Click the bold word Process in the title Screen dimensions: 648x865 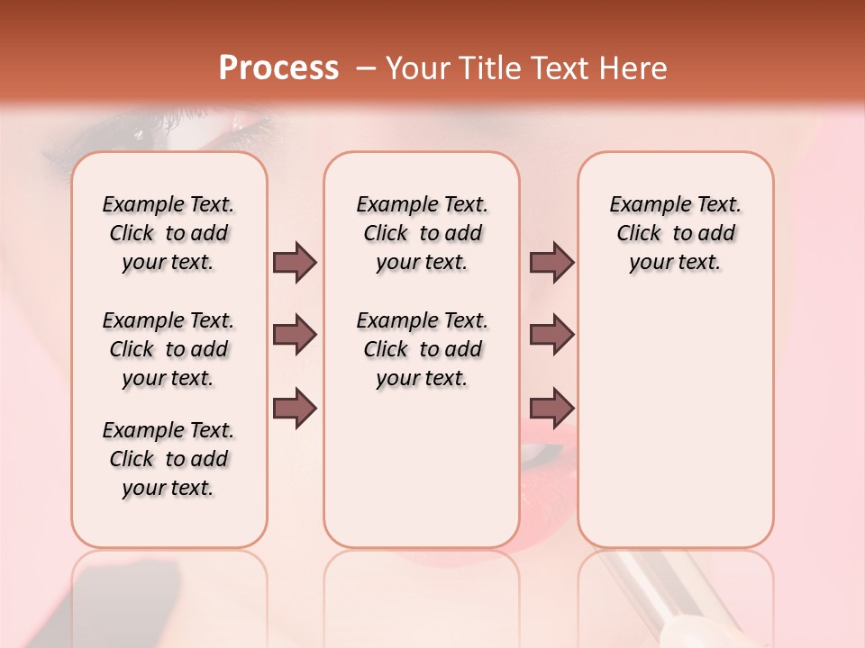pos(278,68)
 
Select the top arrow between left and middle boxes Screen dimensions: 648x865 pos(295,262)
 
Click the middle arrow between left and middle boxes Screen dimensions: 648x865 pos(295,335)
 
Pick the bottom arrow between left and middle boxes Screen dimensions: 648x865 pos(295,408)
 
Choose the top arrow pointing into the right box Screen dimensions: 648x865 pos(551,262)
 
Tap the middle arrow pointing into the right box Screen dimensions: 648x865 pos(551,335)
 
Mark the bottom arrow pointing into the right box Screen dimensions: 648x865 pos(551,408)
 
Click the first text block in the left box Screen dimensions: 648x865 pos(168,233)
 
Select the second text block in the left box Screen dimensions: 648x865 pos(168,349)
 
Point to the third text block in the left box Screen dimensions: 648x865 pos(168,459)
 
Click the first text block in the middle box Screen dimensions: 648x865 pos(422,233)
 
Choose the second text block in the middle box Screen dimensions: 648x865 pos(422,349)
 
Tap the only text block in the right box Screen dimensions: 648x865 pos(675,233)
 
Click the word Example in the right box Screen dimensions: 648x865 pos(643,205)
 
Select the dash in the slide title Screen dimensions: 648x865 pos(366,68)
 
